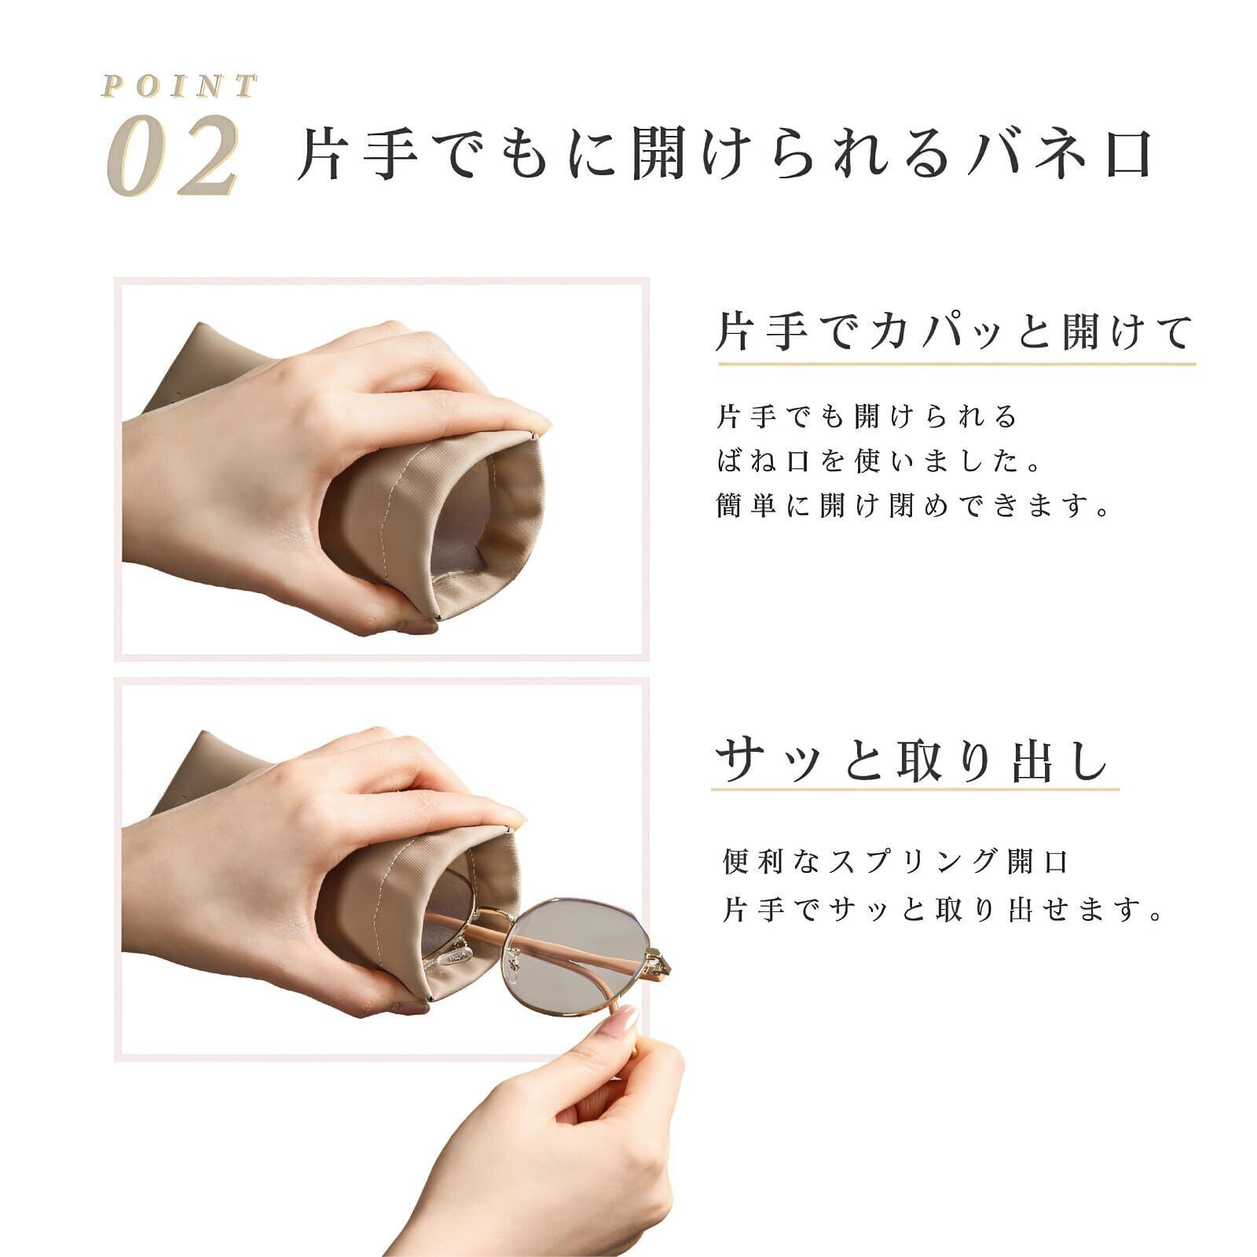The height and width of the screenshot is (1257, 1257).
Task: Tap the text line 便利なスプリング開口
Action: (896, 863)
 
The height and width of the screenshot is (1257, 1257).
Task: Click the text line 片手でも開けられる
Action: (867, 416)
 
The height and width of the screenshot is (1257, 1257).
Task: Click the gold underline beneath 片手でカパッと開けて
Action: (956, 365)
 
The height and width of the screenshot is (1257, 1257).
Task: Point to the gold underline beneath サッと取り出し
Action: (915, 790)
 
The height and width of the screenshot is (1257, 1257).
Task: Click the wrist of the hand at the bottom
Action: (503, 1210)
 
